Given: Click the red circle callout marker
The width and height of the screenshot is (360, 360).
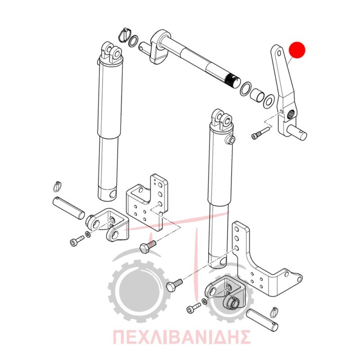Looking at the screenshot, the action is (297, 50).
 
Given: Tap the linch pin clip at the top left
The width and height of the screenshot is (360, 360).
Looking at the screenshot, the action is (124, 35).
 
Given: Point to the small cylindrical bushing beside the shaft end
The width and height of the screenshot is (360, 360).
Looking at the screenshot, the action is (257, 95).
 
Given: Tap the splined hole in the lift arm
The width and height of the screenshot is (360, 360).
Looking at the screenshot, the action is (291, 113).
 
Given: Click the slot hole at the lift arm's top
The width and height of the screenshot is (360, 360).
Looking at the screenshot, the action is (279, 53).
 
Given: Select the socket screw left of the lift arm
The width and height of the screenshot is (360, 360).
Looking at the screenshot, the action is (261, 133).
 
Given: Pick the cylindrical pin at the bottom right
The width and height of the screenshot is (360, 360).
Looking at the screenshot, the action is (262, 320).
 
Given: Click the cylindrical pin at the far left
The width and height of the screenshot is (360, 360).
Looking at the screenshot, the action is (69, 208).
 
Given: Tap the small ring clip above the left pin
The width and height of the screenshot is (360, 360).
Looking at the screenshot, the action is (58, 186).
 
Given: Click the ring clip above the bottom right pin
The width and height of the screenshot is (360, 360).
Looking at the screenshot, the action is (274, 313).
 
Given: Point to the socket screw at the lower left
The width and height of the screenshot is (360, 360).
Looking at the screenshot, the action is (76, 241).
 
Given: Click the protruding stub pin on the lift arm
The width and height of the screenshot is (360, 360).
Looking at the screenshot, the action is (297, 132).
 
